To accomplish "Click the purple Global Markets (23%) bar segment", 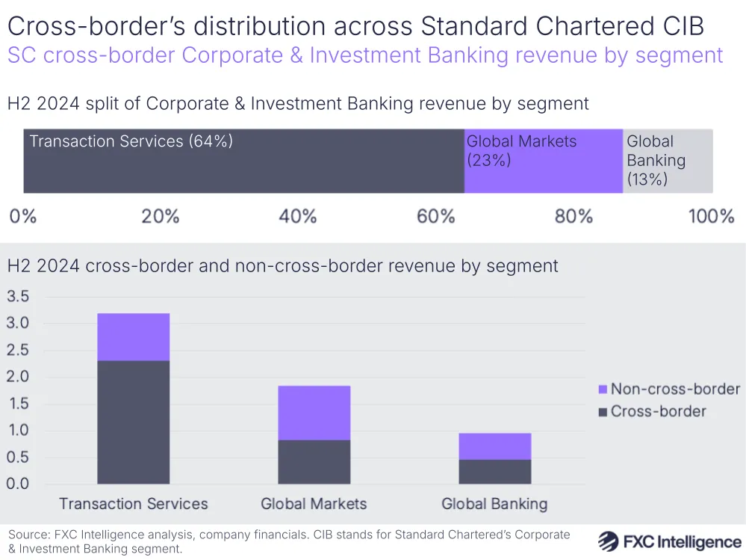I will click(543, 161).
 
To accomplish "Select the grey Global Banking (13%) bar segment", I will click(668, 161).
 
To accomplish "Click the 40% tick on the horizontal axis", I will click(298, 217).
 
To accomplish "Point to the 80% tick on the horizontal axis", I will click(574, 217).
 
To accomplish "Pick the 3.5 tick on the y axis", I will click(17, 297).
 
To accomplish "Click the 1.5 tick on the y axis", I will click(17, 404).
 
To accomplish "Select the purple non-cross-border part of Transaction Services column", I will click(134, 336).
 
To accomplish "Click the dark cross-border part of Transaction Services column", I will click(134, 422).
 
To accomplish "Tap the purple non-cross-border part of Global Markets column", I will click(314, 413).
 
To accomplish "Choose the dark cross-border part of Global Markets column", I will click(314, 462).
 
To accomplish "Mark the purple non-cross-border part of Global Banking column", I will click(494, 446).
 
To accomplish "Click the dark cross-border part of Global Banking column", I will click(494, 472).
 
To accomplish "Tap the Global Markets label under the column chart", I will click(314, 504).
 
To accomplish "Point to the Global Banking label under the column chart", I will click(494, 504).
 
